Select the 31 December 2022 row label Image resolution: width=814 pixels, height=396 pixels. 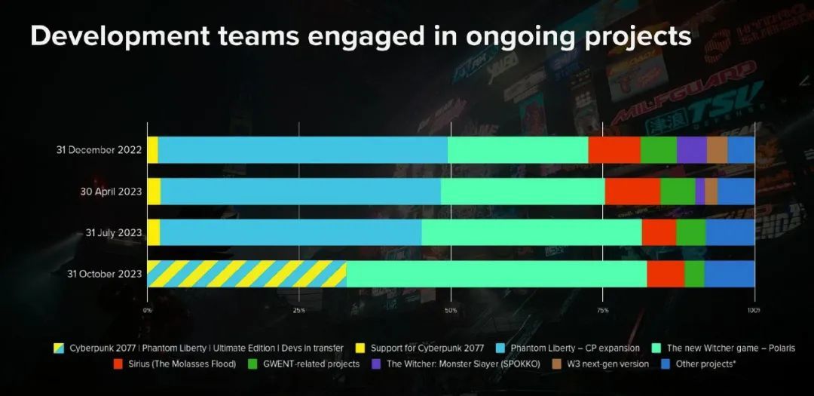(x=99, y=150)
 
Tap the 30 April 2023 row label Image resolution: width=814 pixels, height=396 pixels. (x=111, y=191)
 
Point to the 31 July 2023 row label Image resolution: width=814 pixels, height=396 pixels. (x=113, y=232)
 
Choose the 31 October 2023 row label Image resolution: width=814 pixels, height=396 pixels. (x=105, y=274)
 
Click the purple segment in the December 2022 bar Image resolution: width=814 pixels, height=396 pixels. (x=691, y=150)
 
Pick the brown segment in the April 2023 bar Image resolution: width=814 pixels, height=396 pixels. (x=711, y=191)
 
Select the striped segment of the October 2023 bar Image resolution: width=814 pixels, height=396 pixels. (x=246, y=274)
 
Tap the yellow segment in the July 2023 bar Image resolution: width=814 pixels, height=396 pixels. (x=153, y=232)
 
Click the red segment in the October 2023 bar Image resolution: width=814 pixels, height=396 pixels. (x=666, y=274)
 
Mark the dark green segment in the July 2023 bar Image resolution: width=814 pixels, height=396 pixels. (x=690, y=232)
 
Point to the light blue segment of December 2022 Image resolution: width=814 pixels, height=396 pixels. (x=302, y=150)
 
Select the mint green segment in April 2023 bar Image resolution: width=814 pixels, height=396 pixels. (x=522, y=191)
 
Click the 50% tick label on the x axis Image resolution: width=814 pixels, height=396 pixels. (x=451, y=310)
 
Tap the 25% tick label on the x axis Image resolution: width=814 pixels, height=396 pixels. (x=299, y=310)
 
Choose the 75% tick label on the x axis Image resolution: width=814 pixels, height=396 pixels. (x=602, y=310)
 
